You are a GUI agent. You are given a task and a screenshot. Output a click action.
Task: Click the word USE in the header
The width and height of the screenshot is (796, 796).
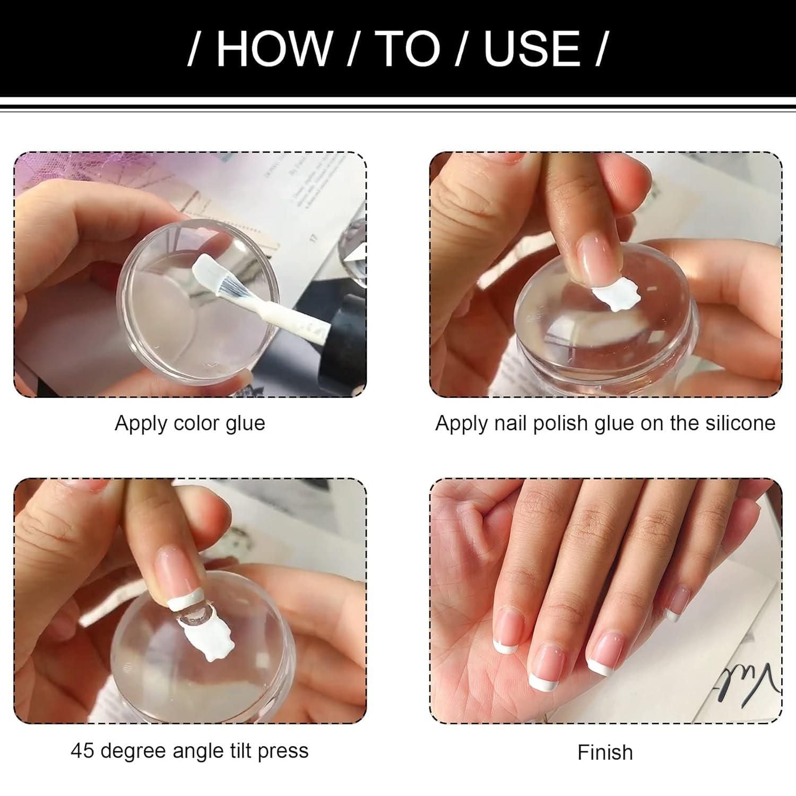532,49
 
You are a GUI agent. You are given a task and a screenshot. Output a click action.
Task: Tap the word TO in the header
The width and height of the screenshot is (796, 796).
410,49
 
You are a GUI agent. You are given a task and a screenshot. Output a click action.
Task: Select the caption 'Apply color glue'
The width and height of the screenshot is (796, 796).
189,423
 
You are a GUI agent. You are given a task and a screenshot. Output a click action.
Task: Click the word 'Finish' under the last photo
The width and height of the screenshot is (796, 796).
605,752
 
